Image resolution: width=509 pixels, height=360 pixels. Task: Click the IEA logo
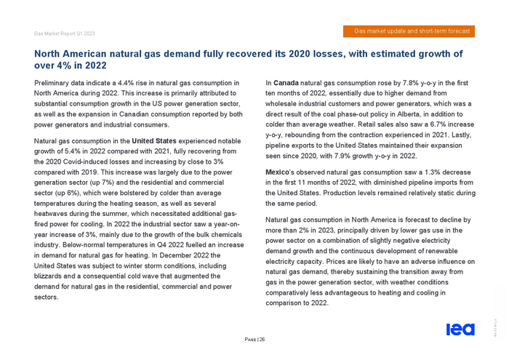tap(460, 330)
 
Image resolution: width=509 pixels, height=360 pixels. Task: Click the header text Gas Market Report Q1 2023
tap(65, 33)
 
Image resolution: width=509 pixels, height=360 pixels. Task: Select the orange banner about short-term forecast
tap(409, 31)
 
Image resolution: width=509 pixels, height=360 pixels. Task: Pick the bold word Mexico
tap(280, 172)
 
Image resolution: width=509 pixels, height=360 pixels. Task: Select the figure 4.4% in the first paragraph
tap(132, 84)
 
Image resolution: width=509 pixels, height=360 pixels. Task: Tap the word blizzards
tap(51, 276)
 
